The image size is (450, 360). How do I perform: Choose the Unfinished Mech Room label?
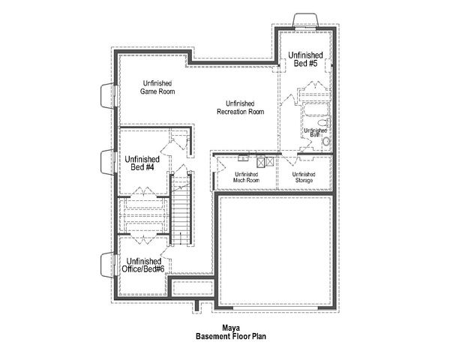tap(246, 178)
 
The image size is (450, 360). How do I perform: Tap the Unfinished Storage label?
tap(304, 178)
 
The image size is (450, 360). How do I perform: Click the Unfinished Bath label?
tap(314, 132)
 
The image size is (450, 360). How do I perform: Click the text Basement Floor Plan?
tap(231, 337)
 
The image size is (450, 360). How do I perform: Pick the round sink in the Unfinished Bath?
tap(326, 141)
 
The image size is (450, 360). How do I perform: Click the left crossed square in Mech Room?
tap(261, 160)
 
